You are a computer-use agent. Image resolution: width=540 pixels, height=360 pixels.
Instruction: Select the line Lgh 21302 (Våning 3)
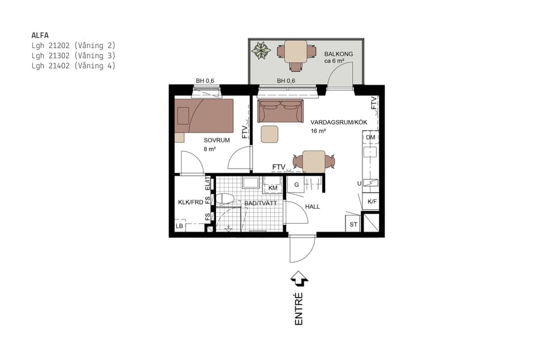[73, 55]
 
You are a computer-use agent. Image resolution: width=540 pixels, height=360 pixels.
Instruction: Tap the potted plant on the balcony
[261, 50]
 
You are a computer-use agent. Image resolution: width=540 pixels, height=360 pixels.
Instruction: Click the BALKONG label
[338, 54]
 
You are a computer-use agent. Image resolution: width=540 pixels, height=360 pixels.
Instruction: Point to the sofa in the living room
[280, 111]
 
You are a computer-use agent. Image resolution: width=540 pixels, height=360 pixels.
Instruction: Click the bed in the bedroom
[204, 115]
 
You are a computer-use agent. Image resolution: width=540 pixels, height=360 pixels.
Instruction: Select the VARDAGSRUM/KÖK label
[338, 122]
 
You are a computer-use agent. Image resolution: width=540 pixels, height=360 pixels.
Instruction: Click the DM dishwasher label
[370, 137]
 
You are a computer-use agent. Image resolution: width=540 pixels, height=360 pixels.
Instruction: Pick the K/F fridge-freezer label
[372, 202]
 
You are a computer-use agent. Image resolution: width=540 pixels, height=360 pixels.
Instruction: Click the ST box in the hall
[353, 224]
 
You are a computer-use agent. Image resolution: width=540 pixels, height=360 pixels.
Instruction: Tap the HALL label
[313, 206]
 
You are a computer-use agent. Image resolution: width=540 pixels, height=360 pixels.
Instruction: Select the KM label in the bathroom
[273, 188]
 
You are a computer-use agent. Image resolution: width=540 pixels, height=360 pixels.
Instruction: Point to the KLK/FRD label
[190, 202]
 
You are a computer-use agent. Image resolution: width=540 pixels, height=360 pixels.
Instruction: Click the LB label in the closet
[179, 226]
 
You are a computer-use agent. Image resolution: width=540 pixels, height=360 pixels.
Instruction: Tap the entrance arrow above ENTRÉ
[299, 279]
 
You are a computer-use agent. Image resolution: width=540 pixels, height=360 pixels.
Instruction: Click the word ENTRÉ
[299, 310]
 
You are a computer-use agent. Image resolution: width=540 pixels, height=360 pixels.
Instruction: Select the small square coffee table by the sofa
[270, 134]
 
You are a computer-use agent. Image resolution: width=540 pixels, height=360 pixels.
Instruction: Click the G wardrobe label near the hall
[296, 185]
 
